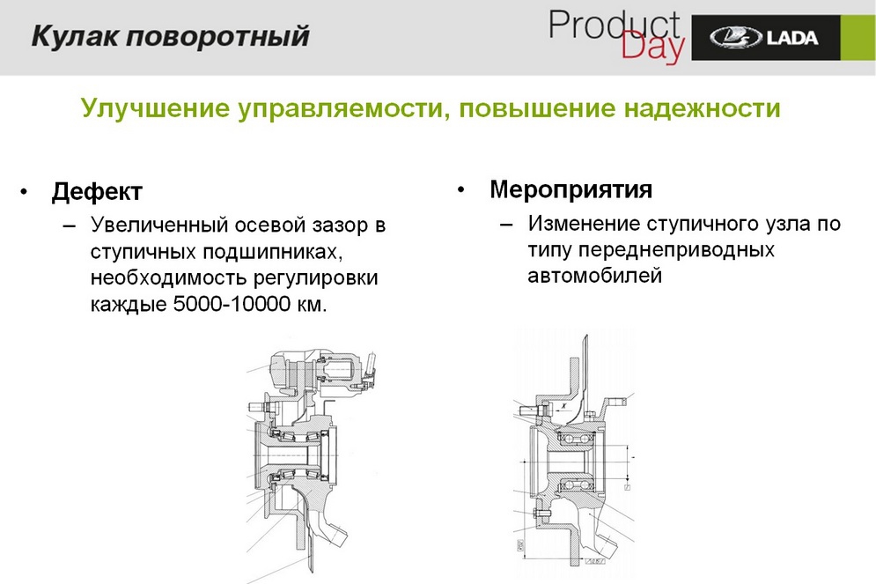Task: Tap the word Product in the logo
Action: [614, 26]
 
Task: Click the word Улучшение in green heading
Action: [150, 108]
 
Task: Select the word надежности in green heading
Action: [703, 108]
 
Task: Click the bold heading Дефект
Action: [97, 191]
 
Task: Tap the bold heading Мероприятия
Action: [571, 189]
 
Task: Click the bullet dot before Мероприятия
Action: [460, 189]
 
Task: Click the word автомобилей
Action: [594, 277]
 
